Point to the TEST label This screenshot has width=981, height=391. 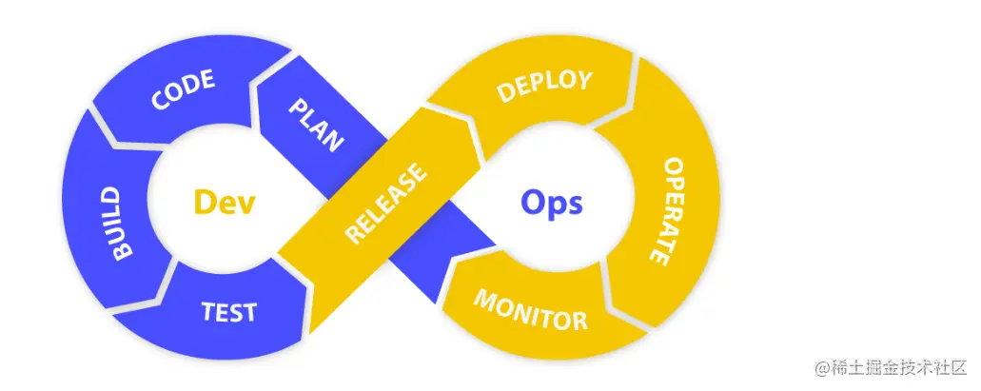click(228, 312)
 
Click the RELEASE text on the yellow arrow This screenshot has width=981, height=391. click(385, 205)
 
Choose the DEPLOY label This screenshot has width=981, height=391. click(544, 86)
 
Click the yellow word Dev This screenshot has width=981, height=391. click(225, 202)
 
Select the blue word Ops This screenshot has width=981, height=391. click(551, 202)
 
